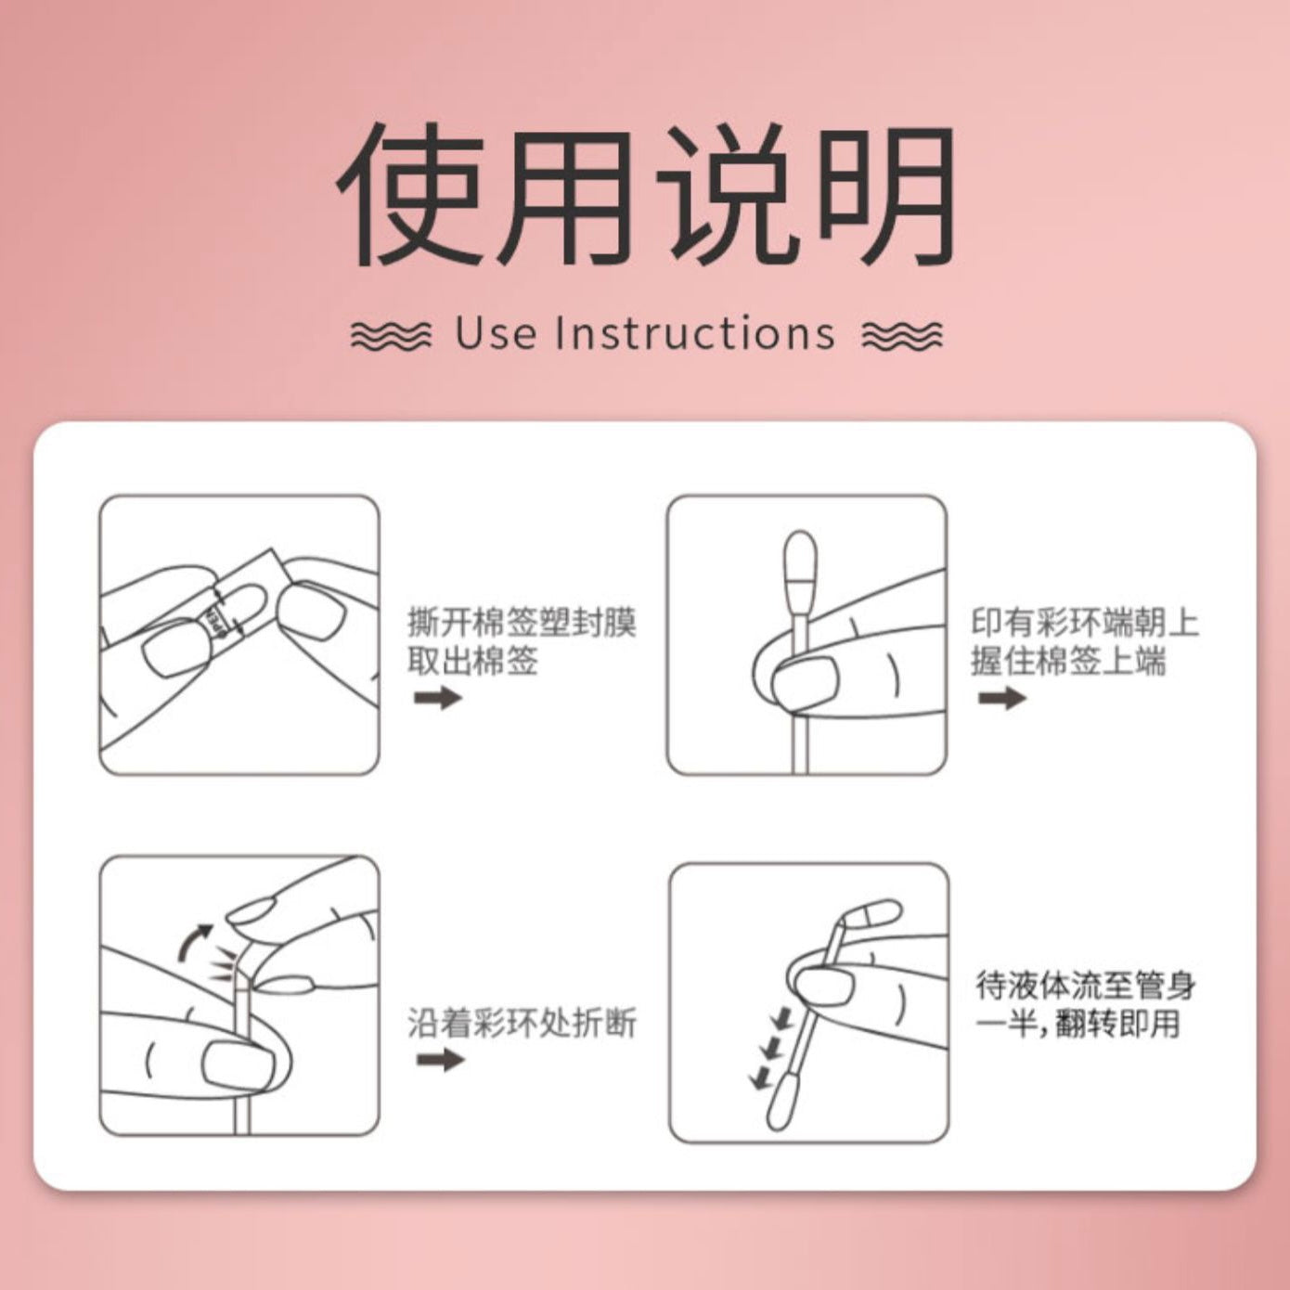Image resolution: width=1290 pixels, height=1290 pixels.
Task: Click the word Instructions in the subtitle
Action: (x=695, y=333)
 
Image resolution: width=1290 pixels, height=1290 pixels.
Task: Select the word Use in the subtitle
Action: (x=496, y=333)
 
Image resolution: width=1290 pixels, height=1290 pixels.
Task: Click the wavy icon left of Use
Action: (x=391, y=335)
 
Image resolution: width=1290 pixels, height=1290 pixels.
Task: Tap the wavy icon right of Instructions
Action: (x=902, y=335)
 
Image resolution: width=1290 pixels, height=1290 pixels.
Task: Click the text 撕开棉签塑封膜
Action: (x=522, y=622)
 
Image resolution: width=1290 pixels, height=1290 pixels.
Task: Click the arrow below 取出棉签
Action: (x=438, y=698)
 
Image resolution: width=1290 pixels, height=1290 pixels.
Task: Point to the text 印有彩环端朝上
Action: (x=1085, y=622)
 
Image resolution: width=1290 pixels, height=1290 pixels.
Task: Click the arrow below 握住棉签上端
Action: (x=1002, y=698)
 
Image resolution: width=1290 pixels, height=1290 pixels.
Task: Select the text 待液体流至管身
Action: (x=1085, y=987)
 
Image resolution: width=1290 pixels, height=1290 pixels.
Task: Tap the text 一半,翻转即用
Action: (x=1077, y=1025)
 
